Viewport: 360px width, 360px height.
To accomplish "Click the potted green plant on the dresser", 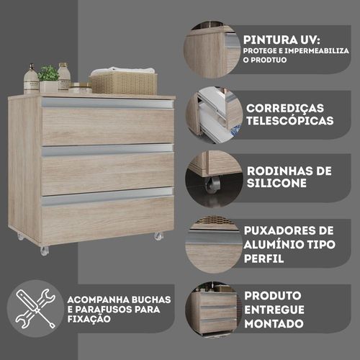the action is pyautogui.click(x=48, y=78).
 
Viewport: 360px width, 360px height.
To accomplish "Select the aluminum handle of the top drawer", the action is pyautogui.click(x=107, y=104).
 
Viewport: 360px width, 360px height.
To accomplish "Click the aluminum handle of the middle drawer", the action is pyautogui.click(x=107, y=149).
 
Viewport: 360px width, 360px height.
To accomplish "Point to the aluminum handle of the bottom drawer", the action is pyautogui.click(x=107, y=196).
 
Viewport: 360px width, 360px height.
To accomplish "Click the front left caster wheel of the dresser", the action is pyautogui.click(x=45, y=251).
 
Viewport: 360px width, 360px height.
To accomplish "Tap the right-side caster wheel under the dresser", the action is pyautogui.click(x=158, y=236).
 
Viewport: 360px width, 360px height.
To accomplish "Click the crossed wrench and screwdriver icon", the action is pyautogui.click(x=35, y=309).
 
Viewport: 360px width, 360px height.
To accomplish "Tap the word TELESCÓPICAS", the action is pyautogui.click(x=290, y=120).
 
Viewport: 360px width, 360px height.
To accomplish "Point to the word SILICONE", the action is pyautogui.click(x=276, y=183).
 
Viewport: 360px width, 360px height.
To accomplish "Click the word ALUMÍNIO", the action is pyautogui.click(x=274, y=245).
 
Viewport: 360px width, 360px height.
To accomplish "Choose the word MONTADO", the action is pyautogui.click(x=274, y=324).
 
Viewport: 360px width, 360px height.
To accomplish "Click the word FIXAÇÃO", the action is pyautogui.click(x=89, y=319).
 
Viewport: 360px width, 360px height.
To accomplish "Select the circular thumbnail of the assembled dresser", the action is pyautogui.click(x=214, y=310).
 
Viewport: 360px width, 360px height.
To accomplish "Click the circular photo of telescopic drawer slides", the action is pyautogui.click(x=214, y=116).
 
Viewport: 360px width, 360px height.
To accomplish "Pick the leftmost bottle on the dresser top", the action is pyautogui.click(x=31, y=78).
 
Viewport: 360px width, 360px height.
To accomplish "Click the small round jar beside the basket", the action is pyautogui.click(x=80, y=88).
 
